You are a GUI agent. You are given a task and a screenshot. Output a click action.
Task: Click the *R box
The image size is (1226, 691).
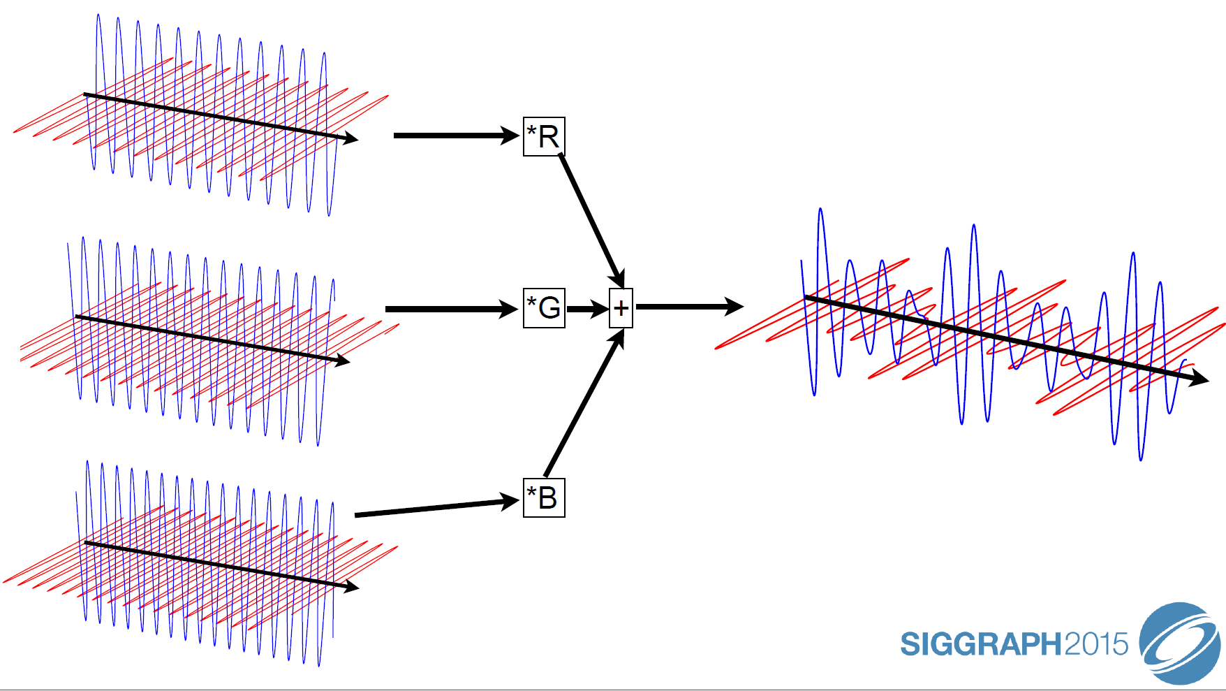tap(544, 136)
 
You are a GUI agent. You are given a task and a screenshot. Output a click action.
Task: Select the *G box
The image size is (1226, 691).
tap(544, 307)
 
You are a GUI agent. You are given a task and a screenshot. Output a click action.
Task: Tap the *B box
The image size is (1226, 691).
tap(544, 497)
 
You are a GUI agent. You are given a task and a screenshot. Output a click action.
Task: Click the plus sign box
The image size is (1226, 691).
tap(621, 308)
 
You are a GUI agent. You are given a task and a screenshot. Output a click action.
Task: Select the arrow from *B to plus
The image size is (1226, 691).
tap(583, 405)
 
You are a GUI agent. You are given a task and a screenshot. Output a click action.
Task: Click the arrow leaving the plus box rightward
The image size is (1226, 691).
tap(688, 306)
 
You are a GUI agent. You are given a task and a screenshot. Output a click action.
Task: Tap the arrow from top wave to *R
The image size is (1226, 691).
tap(454, 135)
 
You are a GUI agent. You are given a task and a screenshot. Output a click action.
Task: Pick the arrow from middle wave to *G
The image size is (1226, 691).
tap(450, 308)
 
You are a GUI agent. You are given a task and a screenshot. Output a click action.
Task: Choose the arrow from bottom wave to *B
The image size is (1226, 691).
tap(436, 508)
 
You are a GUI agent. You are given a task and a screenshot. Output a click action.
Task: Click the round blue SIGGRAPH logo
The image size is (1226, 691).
tap(1180, 643)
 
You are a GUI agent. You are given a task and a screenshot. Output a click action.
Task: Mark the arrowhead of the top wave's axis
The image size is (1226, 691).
tap(350, 138)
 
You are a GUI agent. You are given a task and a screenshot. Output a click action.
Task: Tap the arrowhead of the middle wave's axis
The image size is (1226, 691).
tap(341, 361)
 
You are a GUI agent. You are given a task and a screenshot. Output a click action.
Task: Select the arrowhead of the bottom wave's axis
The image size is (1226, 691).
tap(350, 586)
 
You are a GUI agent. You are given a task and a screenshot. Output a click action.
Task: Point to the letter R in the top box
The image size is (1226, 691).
tap(549, 137)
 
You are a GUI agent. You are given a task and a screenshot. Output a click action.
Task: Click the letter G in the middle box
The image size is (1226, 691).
tap(550, 307)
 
